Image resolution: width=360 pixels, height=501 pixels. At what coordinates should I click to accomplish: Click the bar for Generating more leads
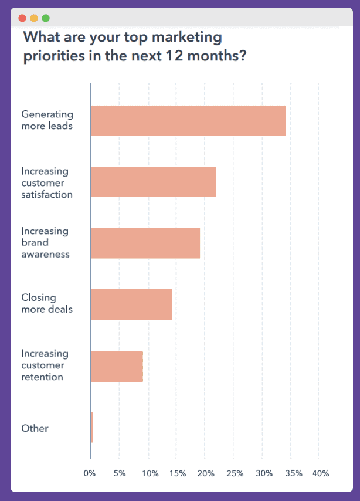[188, 120]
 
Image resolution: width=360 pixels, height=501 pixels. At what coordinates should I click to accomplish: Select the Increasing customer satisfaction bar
[153, 182]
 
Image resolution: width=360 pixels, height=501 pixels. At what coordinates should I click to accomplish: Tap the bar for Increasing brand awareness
[145, 243]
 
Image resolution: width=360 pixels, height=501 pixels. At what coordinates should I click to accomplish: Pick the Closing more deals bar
[131, 304]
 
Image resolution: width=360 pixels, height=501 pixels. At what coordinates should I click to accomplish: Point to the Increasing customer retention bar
[117, 366]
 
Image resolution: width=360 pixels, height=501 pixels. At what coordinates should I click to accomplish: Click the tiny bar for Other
[92, 427]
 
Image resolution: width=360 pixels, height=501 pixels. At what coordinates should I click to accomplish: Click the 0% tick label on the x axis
[90, 473]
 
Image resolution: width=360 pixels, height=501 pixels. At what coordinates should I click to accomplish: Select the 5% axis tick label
[120, 473]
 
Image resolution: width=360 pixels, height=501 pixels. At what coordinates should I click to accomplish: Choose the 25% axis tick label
[235, 473]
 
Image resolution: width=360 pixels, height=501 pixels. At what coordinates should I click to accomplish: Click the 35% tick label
[293, 473]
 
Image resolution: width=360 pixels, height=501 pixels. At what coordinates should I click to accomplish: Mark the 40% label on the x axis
[321, 473]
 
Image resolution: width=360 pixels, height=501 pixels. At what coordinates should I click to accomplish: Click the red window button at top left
[22, 18]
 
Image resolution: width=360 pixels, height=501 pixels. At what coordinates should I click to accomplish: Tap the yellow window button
[34, 18]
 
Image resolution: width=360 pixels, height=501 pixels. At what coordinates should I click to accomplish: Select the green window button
[46, 18]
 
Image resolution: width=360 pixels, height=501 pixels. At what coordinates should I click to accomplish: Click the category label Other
[35, 428]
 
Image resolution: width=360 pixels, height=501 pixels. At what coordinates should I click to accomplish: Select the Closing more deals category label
[47, 303]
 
